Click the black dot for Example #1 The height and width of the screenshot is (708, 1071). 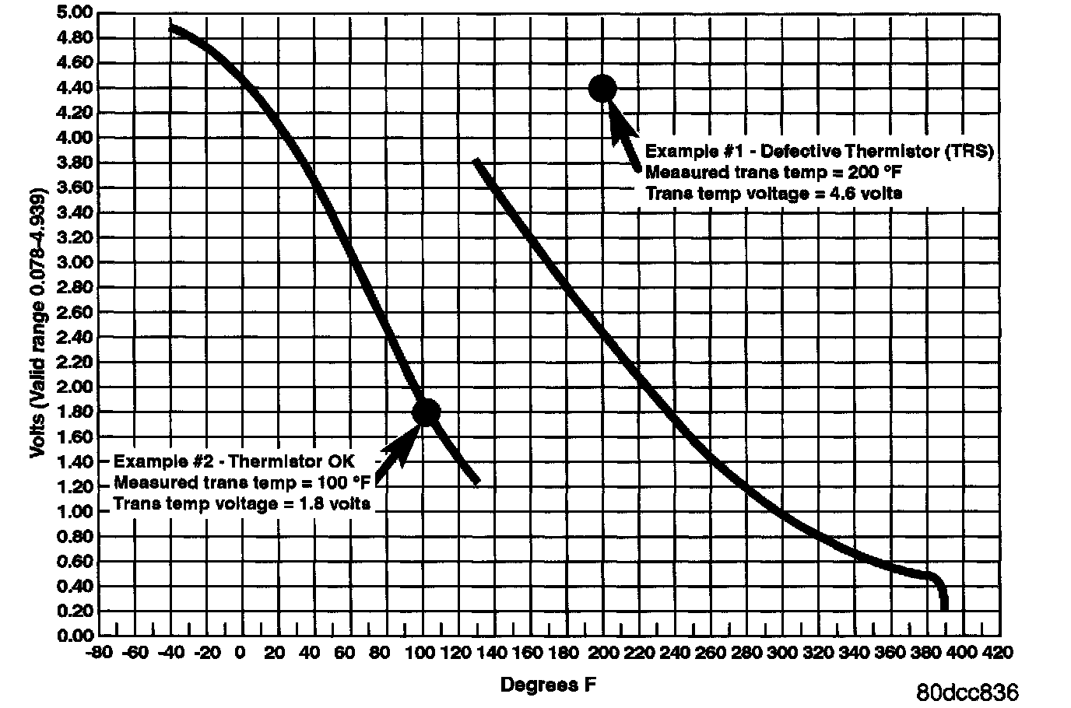(x=602, y=88)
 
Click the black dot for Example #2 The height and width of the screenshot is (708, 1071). (x=427, y=412)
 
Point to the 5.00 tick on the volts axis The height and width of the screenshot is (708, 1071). (x=75, y=12)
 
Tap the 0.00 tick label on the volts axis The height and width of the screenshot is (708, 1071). (x=75, y=636)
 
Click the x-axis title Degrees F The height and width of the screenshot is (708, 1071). (x=550, y=685)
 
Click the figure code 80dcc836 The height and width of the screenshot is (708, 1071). (x=967, y=691)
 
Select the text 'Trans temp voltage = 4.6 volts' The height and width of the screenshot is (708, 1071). (x=774, y=193)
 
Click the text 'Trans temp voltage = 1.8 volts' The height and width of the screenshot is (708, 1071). (x=242, y=503)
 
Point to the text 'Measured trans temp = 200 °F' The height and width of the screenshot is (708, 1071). (x=767, y=172)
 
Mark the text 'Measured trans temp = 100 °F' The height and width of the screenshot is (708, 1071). (x=242, y=482)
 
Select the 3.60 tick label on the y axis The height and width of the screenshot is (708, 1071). (x=75, y=188)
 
